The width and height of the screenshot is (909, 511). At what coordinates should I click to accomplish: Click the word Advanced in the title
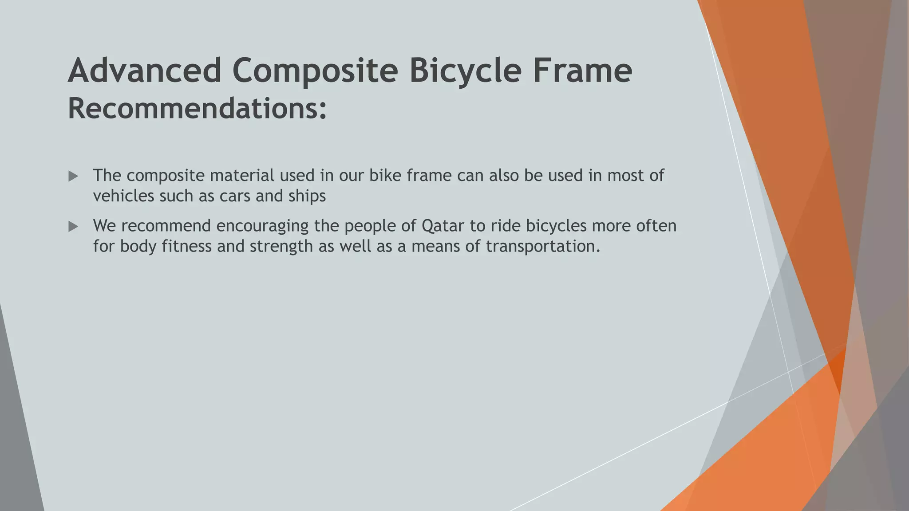(x=144, y=71)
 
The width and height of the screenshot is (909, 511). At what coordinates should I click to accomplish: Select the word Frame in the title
(x=582, y=71)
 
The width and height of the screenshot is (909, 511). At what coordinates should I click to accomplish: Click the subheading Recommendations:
(x=197, y=109)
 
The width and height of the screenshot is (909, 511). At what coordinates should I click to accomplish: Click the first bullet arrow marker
(x=73, y=177)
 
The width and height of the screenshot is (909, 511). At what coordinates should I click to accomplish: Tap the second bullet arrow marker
(x=73, y=227)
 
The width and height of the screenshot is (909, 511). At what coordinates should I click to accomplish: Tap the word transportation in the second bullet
(x=543, y=247)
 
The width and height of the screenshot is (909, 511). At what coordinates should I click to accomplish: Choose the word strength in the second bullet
(x=281, y=247)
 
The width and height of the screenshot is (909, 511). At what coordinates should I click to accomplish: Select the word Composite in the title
(x=315, y=71)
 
